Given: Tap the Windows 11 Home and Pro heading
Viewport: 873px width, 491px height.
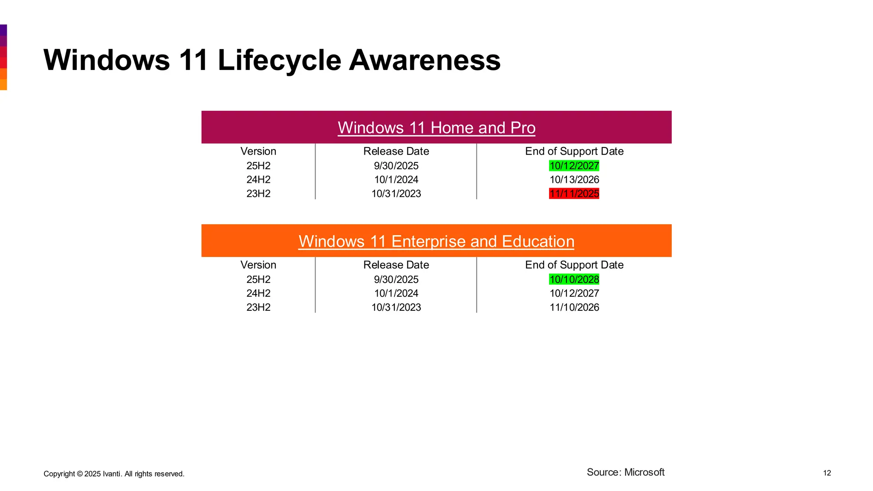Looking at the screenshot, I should pos(436,128).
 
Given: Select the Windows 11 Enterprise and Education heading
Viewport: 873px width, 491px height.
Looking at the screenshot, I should pos(436,242).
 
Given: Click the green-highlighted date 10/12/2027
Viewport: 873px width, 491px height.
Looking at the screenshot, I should pos(574,166).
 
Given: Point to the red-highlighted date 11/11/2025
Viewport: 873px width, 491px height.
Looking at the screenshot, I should pos(574,194).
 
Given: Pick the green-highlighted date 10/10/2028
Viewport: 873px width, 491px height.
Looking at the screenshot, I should pos(574,280).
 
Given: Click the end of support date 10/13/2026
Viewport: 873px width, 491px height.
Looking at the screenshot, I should pos(574,180).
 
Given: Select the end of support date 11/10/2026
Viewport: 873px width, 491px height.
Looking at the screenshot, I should pos(574,307).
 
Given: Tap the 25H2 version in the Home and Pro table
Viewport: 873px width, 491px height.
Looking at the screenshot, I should pos(258,166).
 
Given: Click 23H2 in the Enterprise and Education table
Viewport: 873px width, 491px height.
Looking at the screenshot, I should pos(258,307).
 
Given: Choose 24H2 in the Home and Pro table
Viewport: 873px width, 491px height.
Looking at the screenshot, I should pos(258,180).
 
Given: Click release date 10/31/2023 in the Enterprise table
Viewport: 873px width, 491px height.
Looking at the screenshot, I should pos(396,307).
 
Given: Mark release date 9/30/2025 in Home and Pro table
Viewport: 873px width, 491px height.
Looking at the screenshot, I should pos(396,166).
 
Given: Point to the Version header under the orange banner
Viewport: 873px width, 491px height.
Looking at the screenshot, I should pos(258,265).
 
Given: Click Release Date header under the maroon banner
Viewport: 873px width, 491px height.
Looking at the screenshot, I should pos(396,151).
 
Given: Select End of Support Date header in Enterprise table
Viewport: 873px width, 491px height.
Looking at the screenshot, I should pos(574,265).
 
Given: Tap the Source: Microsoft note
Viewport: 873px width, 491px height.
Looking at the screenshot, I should pos(625,472).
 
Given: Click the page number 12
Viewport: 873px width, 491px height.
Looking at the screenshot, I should pos(827,473).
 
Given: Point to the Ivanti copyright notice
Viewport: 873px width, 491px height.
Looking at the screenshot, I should pos(114,474).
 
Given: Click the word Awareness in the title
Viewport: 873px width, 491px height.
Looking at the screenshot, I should pos(425,60).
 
